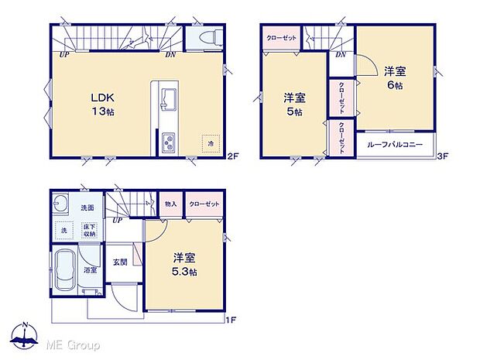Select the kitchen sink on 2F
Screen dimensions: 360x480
168,98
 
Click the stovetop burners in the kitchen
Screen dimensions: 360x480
168,142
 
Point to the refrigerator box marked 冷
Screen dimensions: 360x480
210,143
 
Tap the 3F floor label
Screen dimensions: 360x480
444,156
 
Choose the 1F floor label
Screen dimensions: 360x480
229,318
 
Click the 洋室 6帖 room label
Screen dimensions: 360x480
395,78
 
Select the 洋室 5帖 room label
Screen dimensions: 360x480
293,105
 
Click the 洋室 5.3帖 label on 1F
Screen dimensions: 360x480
184,265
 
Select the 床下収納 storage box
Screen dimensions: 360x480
89,229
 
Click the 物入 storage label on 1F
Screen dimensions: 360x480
170,204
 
